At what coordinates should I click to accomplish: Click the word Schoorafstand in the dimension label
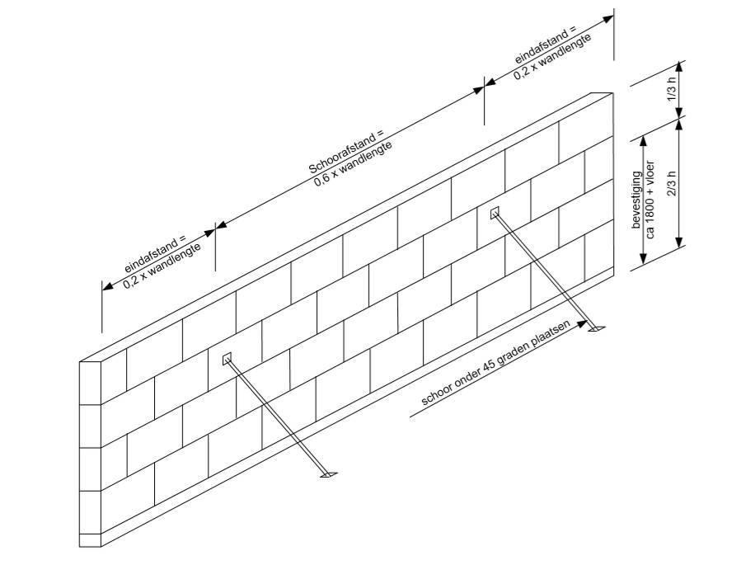[345, 151]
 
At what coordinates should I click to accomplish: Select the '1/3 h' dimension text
[671, 89]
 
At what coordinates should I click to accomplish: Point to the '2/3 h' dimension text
[671, 181]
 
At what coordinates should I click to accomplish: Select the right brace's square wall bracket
[495, 214]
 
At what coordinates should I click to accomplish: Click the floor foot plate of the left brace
[328, 476]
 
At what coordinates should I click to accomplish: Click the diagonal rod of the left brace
[276, 417]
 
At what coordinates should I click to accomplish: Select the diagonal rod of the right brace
[544, 271]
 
